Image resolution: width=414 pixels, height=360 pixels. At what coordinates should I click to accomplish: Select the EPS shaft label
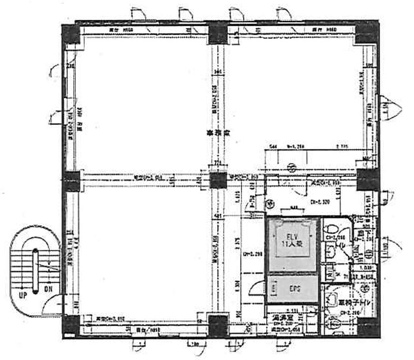tap(294, 289)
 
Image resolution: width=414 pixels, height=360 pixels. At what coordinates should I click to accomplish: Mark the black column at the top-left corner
tap(70, 35)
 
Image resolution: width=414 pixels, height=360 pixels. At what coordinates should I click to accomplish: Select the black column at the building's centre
tap(218, 181)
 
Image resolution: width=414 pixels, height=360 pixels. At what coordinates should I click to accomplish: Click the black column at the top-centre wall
tap(217, 35)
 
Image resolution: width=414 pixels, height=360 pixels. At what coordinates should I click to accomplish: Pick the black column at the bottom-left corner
tap(70, 327)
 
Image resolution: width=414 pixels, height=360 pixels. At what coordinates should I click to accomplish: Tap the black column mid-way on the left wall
tap(71, 180)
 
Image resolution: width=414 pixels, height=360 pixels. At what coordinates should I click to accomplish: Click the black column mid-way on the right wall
tap(366, 181)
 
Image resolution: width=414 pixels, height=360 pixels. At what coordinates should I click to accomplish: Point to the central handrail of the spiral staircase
tap(35, 268)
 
